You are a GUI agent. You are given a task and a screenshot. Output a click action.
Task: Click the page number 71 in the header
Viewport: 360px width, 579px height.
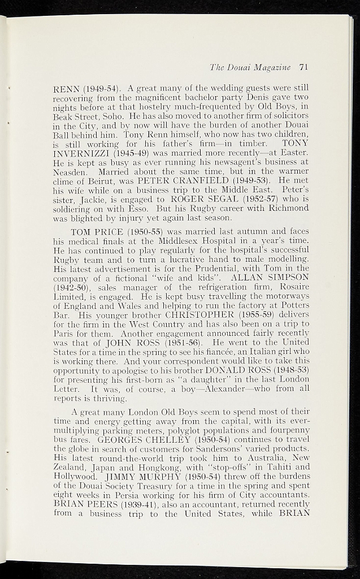click(x=303, y=67)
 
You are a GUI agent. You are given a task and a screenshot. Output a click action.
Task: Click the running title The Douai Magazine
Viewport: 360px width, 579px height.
click(x=250, y=67)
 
